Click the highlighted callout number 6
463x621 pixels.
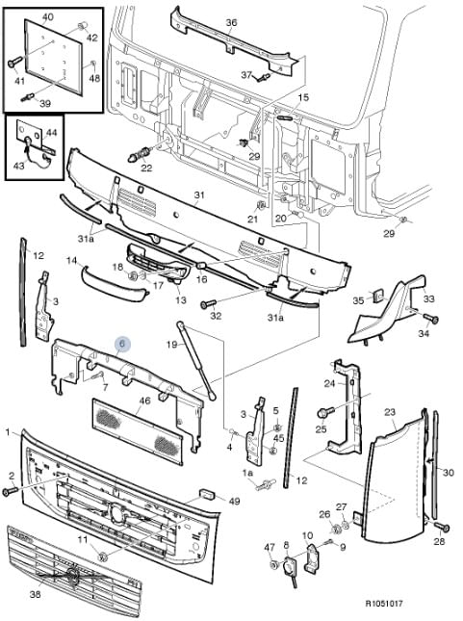click(x=122, y=343)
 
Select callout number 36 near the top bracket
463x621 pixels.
click(x=230, y=22)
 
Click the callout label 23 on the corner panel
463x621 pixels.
click(x=390, y=412)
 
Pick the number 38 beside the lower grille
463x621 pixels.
click(x=35, y=595)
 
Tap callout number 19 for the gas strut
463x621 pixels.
click(x=170, y=343)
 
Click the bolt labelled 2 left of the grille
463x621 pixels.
click(x=11, y=492)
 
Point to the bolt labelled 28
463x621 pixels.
click(x=443, y=527)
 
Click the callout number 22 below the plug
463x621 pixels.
click(x=146, y=168)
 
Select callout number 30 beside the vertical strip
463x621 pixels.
click(x=448, y=472)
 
